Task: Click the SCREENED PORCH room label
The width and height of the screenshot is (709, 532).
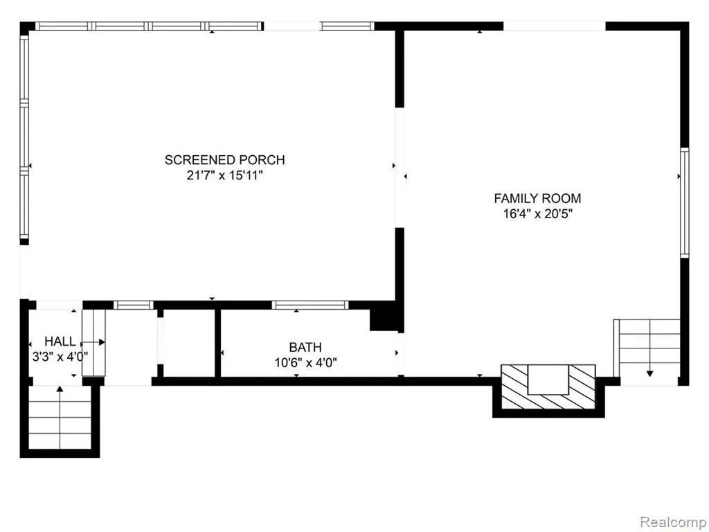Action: (225, 160)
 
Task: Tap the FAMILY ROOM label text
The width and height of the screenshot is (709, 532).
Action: (537, 198)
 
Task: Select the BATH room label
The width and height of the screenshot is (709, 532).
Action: (305, 347)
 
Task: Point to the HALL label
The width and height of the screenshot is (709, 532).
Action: (60, 341)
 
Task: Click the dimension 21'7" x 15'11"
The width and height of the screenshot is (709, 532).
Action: (225, 175)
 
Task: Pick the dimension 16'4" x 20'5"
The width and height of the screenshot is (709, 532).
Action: (538, 213)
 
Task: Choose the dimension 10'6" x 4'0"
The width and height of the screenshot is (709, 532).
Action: (306, 362)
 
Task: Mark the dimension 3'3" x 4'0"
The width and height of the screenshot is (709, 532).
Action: (60, 357)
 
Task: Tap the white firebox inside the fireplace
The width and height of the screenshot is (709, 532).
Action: (548, 380)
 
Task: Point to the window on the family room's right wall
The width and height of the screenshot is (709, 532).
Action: (685, 203)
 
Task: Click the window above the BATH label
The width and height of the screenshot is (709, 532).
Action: (310, 305)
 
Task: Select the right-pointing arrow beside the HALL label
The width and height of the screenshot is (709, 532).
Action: (94, 342)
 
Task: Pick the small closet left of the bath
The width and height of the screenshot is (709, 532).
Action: (188, 342)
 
